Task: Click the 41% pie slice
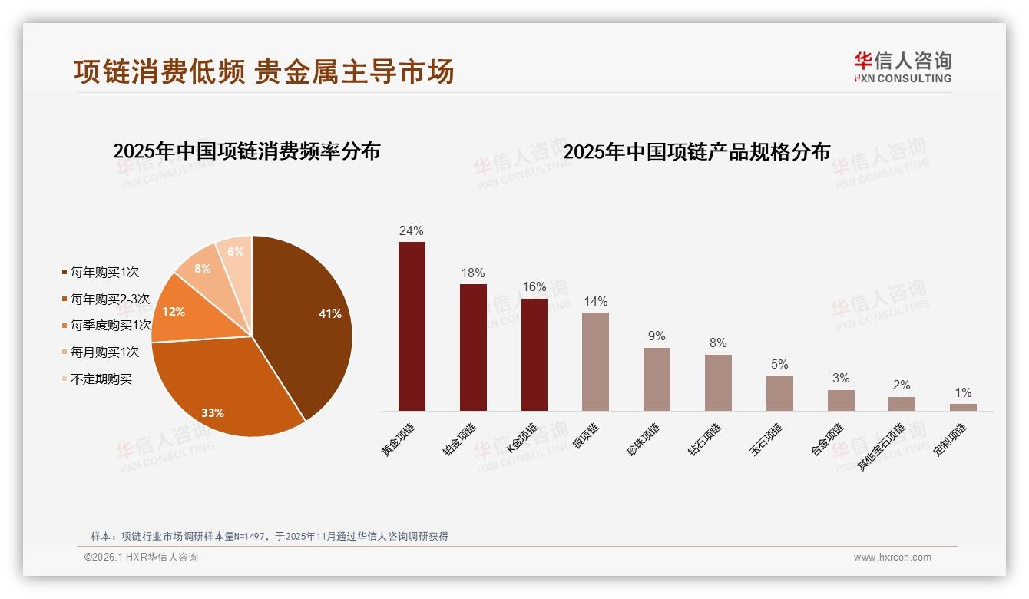[x=307, y=323]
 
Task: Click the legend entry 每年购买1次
[x=104, y=273]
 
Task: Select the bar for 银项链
[x=595, y=361]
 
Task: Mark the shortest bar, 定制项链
[x=963, y=407]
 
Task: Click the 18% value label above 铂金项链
[x=472, y=273]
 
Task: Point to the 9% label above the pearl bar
[x=657, y=336]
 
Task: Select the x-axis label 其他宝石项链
[x=882, y=446]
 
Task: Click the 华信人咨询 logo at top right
[x=903, y=67]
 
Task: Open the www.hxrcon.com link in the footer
[x=892, y=558]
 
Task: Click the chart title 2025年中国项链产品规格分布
[x=696, y=151]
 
